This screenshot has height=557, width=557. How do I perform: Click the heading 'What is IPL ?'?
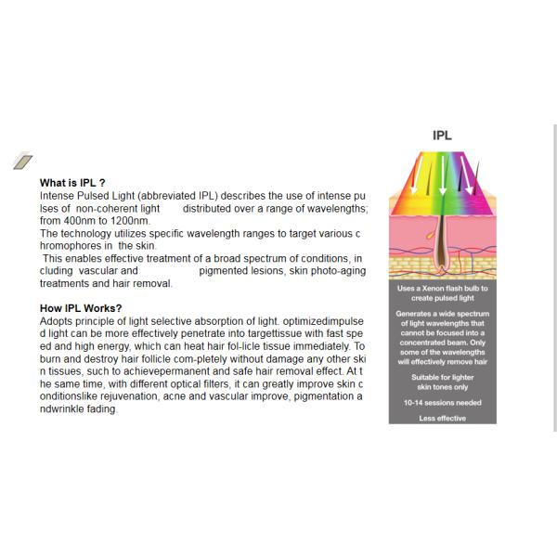[79, 184]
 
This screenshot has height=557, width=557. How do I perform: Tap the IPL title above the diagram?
[442, 136]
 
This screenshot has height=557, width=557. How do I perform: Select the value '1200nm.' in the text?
[129, 221]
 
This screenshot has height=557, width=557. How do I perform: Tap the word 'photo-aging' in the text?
[337, 271]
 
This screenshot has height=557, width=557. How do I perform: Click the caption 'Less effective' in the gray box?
[442, 419]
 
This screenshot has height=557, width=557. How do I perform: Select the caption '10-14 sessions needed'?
[442, 403]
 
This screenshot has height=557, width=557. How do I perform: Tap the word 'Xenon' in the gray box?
[434, 289]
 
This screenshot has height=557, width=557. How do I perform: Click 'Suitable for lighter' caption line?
[442, 379]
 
